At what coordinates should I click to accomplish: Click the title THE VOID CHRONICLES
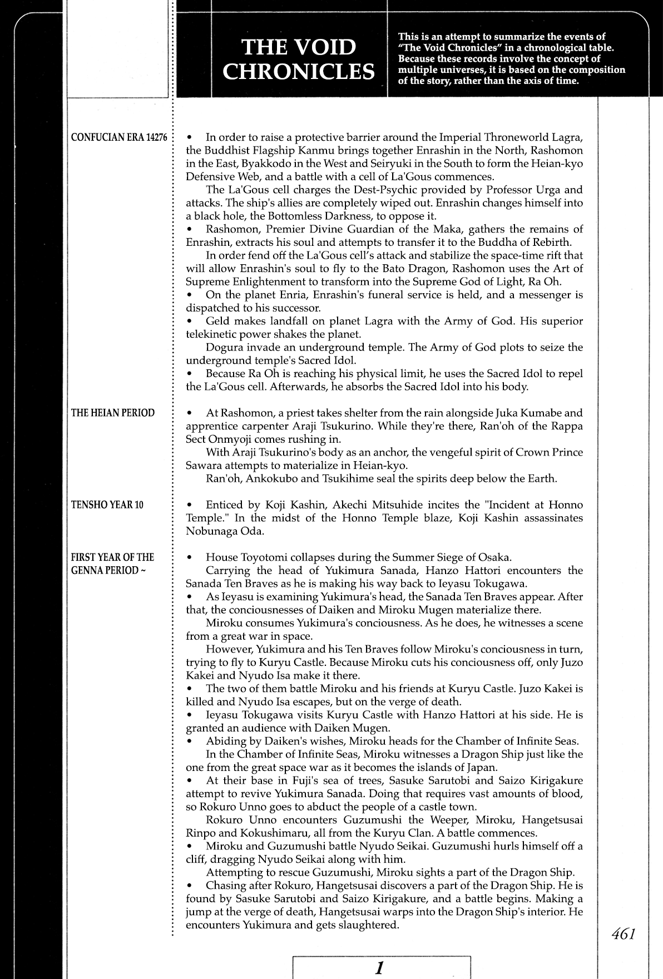click(x=299, y=60)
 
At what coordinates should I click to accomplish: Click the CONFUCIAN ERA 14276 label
click(x=120, y=138)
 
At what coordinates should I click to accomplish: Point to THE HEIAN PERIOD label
click(x=113, y=413)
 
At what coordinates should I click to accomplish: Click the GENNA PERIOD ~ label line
click(x=108, y=571)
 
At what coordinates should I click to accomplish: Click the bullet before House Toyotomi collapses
click(x=190, y=558)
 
